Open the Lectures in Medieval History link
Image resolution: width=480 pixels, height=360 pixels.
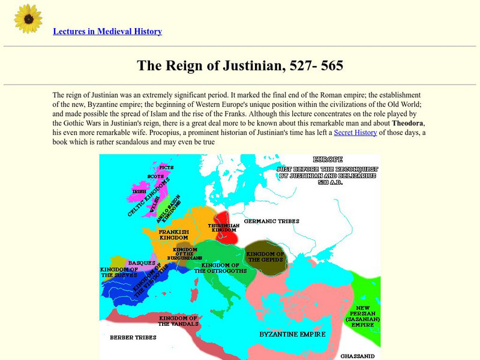pyautogui.click(x=107, y=31)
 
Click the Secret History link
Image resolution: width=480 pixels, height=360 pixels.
pyautogui.click(x=355, y=133)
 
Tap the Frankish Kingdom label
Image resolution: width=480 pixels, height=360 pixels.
pyautogui.click(x=175, y=234)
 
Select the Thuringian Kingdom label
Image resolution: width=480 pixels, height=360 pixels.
pyautogui.click(x=224, y=228)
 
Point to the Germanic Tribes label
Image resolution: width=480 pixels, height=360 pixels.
pyautogui.click(x=271, y=221)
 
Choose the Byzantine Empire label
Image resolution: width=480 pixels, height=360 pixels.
pyautogui.click(x=292, y=334)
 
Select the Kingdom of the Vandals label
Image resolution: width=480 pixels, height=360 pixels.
pyautogui.click(x=178, y=320)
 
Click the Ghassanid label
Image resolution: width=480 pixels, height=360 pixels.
pyautogui.click(x=358, y=356)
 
